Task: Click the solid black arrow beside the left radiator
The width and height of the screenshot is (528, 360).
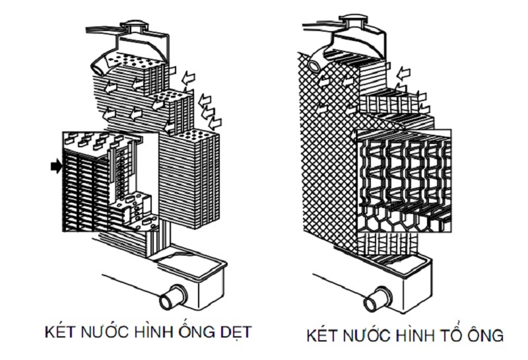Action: coord(55,167)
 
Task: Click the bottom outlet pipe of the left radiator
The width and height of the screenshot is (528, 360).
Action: coord(174,294)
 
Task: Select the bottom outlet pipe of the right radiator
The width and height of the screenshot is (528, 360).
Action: coord(377,299)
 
